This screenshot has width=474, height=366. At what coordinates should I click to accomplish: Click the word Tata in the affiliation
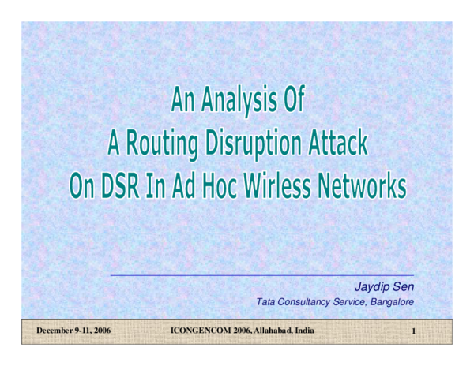(266, 301)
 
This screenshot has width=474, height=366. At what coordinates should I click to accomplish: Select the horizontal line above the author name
(261, 276)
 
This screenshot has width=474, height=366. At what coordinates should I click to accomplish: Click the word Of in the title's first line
(289, 102)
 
